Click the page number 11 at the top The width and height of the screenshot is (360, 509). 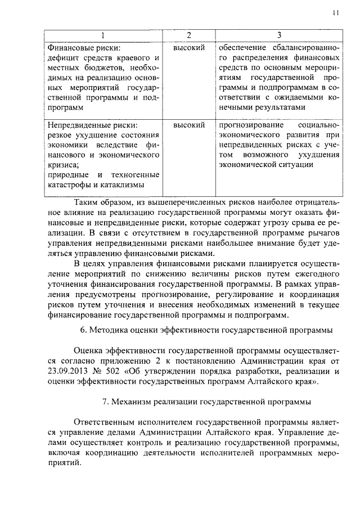tap(335, 13)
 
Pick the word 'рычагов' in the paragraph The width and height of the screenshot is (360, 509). tap(324, 232)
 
